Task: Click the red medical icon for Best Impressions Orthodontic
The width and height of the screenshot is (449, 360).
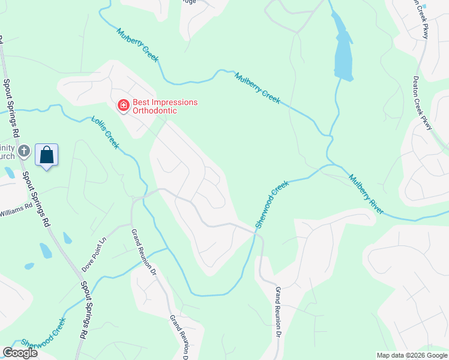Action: tap(124, 106)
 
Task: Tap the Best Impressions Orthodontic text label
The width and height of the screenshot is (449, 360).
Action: tap(164, 106)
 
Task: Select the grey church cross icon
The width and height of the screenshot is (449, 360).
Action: tap(24, 151)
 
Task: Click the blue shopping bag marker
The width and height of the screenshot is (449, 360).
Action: tap(46, 155)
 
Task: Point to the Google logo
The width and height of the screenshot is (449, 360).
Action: tap(20, 353)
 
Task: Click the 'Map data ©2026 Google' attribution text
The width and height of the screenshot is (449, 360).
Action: tap(412, 355)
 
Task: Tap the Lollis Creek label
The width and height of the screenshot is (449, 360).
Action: tap(105, 132)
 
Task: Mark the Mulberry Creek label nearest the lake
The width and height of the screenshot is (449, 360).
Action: tap(258, 88)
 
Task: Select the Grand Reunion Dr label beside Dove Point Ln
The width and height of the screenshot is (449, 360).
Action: tap(144, 252)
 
